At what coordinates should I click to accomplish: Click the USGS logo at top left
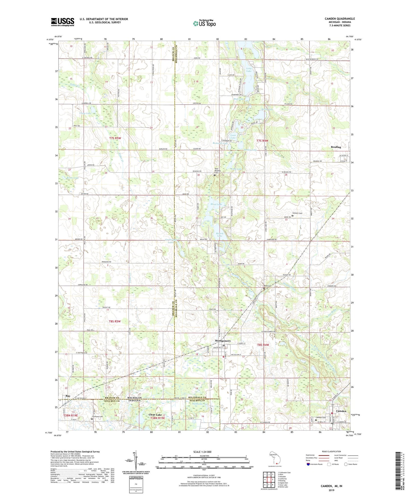click(63, 22)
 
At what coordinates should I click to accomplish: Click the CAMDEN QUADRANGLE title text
click(340, 19)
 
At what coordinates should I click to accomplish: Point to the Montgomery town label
click(223, 341)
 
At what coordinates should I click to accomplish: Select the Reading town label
click(336, 147)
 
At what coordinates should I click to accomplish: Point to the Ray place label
click(68, 396)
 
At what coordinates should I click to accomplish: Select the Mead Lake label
click(216, 204)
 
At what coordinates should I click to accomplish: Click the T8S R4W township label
click(263, 345)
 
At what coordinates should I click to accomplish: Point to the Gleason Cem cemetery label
click(297, 213)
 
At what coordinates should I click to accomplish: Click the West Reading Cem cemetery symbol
click(214, 176)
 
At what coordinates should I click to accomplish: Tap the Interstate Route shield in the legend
click(308, 464)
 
